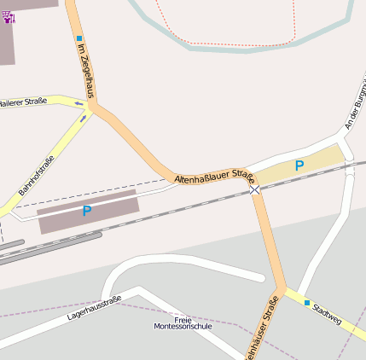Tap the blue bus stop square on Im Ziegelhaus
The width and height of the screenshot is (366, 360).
click(79, 38)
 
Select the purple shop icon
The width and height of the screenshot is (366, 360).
click(9, 17)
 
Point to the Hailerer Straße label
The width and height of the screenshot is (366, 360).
click(22, 102)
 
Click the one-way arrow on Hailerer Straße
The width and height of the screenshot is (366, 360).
click(78, 105)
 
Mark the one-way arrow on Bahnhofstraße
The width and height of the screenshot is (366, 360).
click(83, 119)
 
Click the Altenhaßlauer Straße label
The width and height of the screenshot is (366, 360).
click(214, 177)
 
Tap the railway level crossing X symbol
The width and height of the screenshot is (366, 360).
click(254, 189)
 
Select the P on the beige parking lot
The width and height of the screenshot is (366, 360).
click(299, 165)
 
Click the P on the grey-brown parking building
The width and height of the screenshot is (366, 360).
click(86, 211)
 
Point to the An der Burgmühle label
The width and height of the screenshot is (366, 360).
click(355, 107)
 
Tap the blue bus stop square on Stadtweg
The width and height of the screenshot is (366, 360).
click(307, 302)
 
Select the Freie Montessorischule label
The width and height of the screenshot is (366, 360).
click(182, 322)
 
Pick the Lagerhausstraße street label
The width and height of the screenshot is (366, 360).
click(94, 308)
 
